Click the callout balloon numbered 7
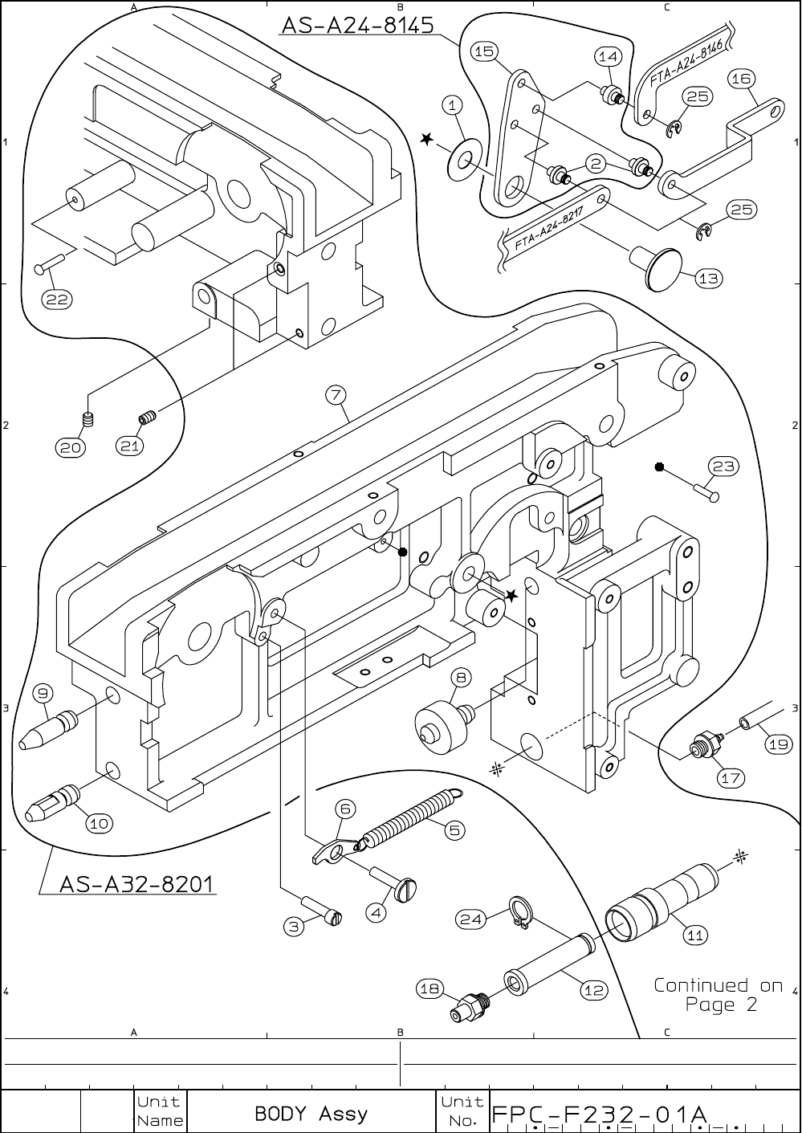pos(336,394)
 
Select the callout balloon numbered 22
pos(57,300)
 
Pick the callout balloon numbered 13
pos(708,279)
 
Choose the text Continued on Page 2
pos(717,994)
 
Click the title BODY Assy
pos(311,1114)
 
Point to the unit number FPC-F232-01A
pos(599,1115)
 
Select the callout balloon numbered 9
pos(43,691)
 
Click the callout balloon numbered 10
pos(99,823)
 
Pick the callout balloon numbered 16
pos(740,79)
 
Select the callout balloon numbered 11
pos(694,935)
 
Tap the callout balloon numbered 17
pos(731,777)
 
